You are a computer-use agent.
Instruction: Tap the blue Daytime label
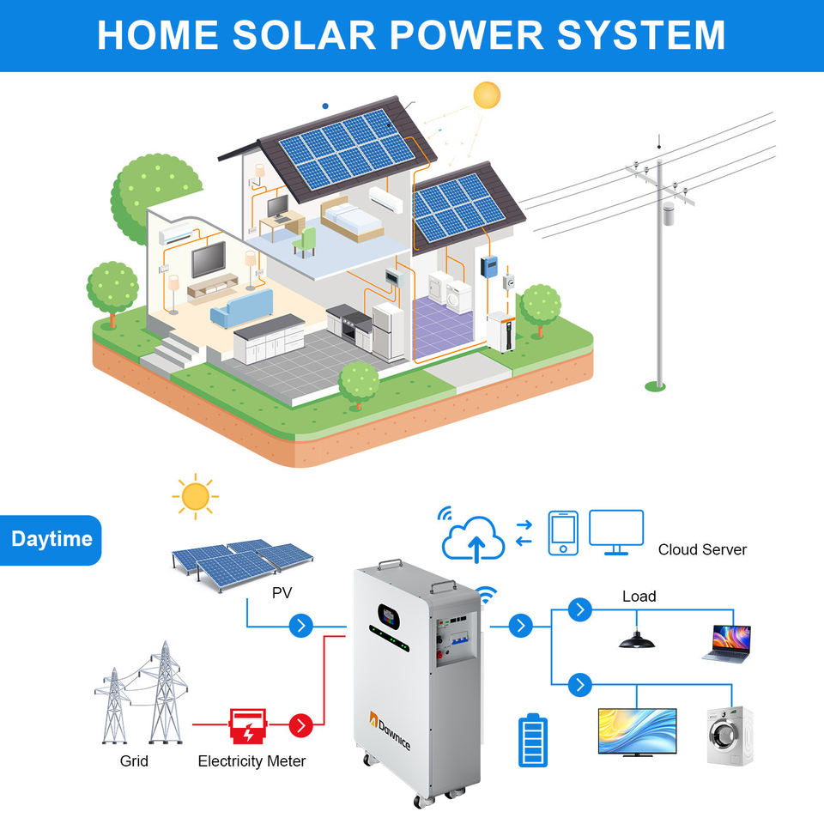point(51,540)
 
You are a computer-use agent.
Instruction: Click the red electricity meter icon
point(247,725)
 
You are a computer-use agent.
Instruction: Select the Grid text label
point(134,760)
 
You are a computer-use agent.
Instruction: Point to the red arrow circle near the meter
point(300,725)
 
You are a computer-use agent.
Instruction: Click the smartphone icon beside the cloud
point(563,533)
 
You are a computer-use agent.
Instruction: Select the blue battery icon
point(532,740)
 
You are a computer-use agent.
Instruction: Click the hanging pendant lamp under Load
point(638,639)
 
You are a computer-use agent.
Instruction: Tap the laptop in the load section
point(727,642)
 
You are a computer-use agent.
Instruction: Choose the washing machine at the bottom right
point(730,736)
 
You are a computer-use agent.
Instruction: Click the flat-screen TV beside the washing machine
point(637,731)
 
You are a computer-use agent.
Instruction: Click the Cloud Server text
point(702,549)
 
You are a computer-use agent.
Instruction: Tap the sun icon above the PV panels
point(195,495)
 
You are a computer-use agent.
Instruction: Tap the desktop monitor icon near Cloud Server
point(615,530)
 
